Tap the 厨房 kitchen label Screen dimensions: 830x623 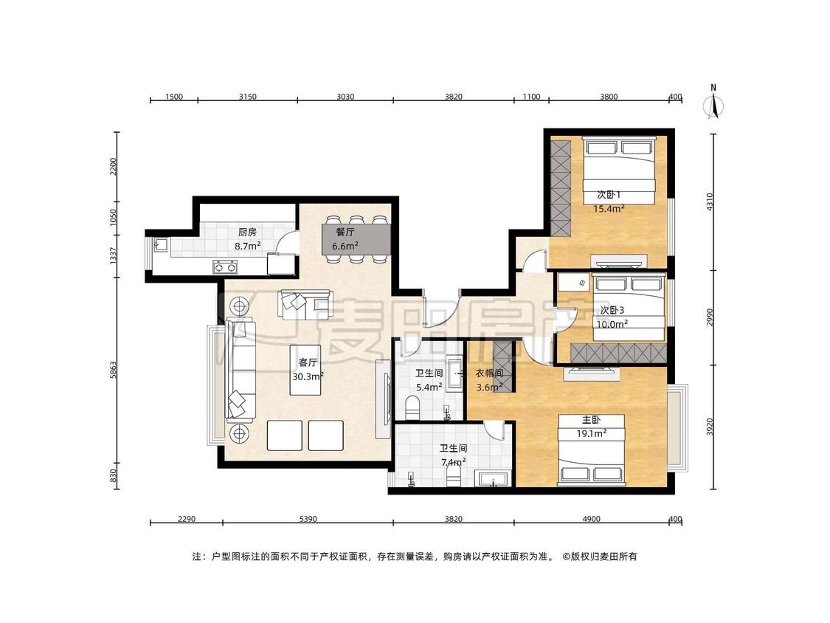click(247, 232)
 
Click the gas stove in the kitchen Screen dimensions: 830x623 click(225, 267)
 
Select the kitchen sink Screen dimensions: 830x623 click(161, 245)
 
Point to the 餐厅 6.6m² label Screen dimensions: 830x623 click(345, 239)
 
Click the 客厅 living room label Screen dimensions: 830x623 click(308, 363)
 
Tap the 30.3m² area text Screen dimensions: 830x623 click(308, 376)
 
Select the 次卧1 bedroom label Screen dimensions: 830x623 click(609, 195)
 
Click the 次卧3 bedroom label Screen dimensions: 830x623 click(612, 311)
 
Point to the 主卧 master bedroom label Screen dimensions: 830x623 click(591, 420)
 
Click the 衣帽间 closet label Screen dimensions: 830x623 click(489, 374)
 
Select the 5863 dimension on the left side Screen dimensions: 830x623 click(113, 370)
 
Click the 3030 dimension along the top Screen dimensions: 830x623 click(345, 97)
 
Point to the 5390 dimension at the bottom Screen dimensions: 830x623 click(308, 519)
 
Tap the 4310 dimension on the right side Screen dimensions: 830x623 click(710, 202)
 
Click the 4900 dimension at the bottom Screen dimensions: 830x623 click(591, 519)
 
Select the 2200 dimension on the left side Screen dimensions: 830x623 click(113, 167)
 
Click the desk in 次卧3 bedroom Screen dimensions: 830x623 click(574, 282)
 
